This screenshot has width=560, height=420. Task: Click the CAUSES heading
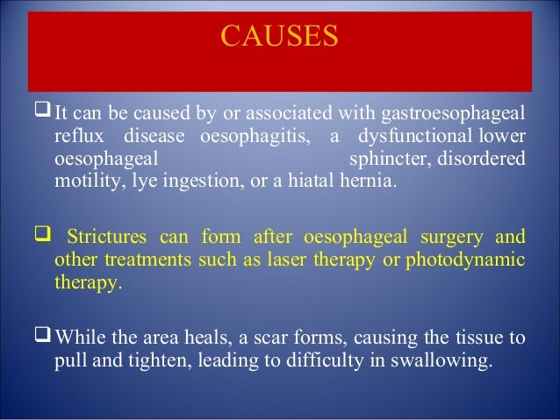(x=280, y=38)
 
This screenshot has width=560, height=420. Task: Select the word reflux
(x=78, y=138)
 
